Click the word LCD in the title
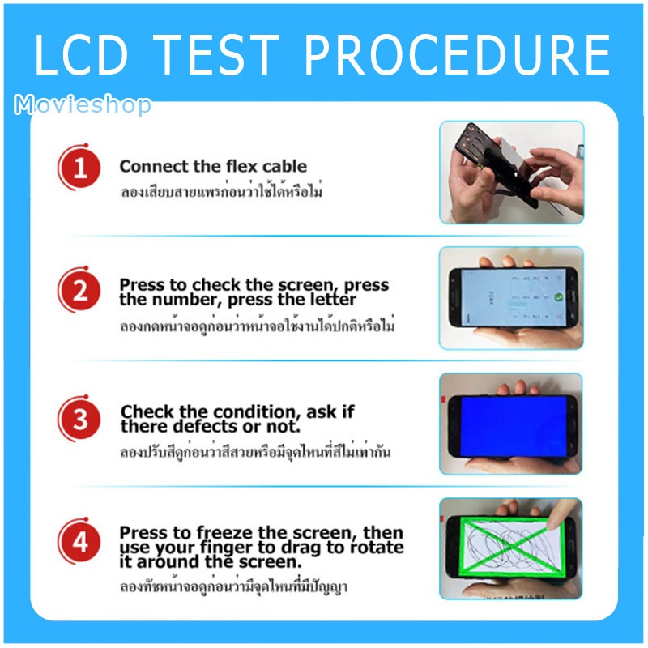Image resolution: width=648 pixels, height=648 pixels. [82, 54]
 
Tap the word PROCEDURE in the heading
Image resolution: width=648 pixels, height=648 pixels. [458, 54]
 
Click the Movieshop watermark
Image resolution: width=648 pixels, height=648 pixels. [83, 104]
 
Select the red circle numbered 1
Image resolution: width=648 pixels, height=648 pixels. [79, 168]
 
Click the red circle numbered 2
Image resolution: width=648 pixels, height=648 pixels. [79, 290]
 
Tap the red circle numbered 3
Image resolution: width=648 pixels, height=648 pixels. [79, 419]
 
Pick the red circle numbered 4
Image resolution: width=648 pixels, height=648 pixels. [79, 541]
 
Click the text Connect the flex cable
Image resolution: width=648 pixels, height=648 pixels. [213, 166]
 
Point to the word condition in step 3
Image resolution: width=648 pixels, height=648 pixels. [254, 412]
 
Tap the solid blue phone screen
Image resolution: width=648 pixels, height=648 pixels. [513, 426]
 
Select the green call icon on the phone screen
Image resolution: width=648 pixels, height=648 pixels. [559, 296]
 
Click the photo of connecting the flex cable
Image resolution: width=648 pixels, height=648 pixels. [512, 173]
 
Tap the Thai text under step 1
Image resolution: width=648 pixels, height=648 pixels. [221, 191]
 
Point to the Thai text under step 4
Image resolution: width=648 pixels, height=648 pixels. [233, 586]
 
